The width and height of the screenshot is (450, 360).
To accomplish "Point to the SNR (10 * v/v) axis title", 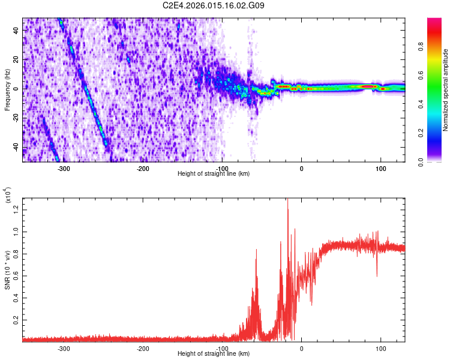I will pyautogui.click(x=7, y=269).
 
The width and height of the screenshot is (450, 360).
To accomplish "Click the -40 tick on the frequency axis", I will pyautogui.click(x=14, y=148).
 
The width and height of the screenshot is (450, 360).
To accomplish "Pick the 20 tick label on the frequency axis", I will pyautogui.click(x=15, y=59).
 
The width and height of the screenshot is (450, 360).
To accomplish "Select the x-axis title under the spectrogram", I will pyautogui.click(x=214, y=174).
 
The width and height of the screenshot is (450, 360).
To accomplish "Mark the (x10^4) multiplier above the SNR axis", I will pyautogui.click(x=7, y=196).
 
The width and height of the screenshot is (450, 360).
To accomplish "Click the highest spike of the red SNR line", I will pyautogui.click(x=287, y=200).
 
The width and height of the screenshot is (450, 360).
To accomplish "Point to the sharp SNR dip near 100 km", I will pyautogui.click(x=377, y=275).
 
